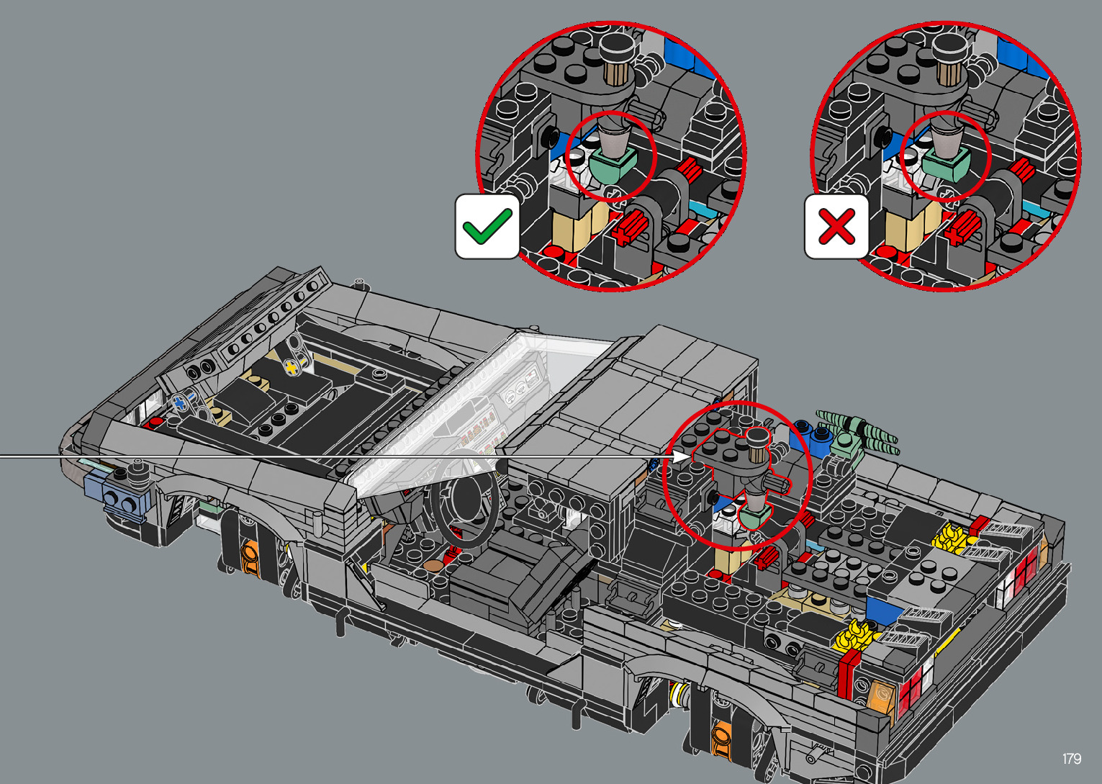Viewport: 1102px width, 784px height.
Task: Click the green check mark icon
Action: coord(487,227)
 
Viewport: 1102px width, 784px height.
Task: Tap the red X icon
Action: coord(836,227)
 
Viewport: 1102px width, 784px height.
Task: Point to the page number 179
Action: coord(1072,758)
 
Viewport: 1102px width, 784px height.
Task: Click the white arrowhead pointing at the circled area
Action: coord(682,456)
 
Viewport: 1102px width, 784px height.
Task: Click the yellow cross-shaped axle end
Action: coord(292,367)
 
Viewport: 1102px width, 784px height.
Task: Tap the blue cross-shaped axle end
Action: coord(180,404)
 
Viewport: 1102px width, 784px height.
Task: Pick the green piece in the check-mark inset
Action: coord(612,164)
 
